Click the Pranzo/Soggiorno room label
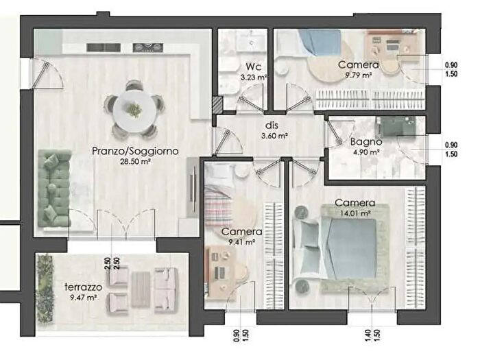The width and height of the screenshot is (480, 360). pos(135,152)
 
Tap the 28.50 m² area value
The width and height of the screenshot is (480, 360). pos(135,162)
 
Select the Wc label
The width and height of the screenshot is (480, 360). pos(253,67)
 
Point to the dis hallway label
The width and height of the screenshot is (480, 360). pos(272,125)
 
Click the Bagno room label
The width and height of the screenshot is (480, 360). pos(366,142)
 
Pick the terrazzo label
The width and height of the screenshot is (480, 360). pos(83,287)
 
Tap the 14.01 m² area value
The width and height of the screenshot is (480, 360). pos(355,213)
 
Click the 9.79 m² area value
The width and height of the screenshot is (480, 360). pos(359,75)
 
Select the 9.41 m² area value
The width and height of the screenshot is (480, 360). pos(242,242)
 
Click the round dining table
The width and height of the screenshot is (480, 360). pos(134,109)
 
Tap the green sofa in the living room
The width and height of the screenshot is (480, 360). pos(54,189)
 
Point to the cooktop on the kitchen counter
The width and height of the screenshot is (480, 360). pos(147,47)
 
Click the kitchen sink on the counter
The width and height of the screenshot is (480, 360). pos(104,47)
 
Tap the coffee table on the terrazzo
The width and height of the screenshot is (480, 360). pos(141,289)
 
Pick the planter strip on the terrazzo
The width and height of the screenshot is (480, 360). pos(45,288)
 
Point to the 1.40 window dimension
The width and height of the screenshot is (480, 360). pos(368,335)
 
